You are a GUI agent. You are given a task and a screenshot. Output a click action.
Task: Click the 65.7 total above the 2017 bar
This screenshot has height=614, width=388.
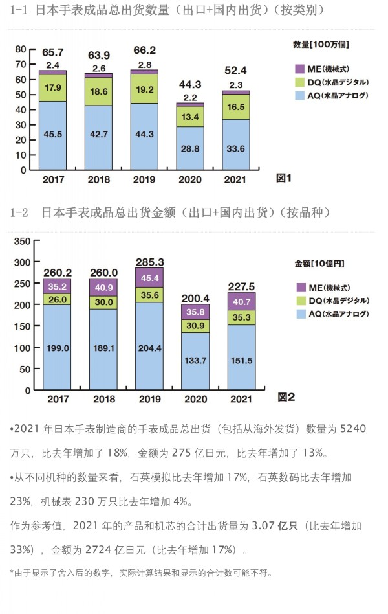[x=52, y=52]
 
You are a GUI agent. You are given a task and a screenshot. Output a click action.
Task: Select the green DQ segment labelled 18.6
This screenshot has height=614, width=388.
[x=99, y=92]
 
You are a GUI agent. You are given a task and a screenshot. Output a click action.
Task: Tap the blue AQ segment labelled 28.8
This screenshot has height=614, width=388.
[x=191, y=148]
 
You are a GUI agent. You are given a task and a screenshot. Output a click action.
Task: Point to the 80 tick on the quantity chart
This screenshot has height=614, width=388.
[x=20, y=49]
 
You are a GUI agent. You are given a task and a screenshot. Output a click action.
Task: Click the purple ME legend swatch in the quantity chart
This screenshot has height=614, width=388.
[x=299, y=69]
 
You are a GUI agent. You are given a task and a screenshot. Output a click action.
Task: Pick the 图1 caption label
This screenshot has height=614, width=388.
[x=285, y=177]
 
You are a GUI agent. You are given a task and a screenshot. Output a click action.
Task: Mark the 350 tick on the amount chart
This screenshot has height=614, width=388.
[x=21, y=241]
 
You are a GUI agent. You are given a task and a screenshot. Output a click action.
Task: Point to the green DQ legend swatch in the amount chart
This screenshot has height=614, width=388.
[x=300, y=301]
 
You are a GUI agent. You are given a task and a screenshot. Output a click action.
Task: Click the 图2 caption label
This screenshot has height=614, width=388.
[x=286, y=397]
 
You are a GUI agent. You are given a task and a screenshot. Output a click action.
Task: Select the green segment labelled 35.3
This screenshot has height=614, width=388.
[x=241, y=317]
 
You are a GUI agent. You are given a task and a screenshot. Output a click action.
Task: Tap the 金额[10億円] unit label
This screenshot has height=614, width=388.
[x=319, y=264]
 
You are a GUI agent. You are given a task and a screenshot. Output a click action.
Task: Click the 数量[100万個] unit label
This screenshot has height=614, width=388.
[x=321, y=44]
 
